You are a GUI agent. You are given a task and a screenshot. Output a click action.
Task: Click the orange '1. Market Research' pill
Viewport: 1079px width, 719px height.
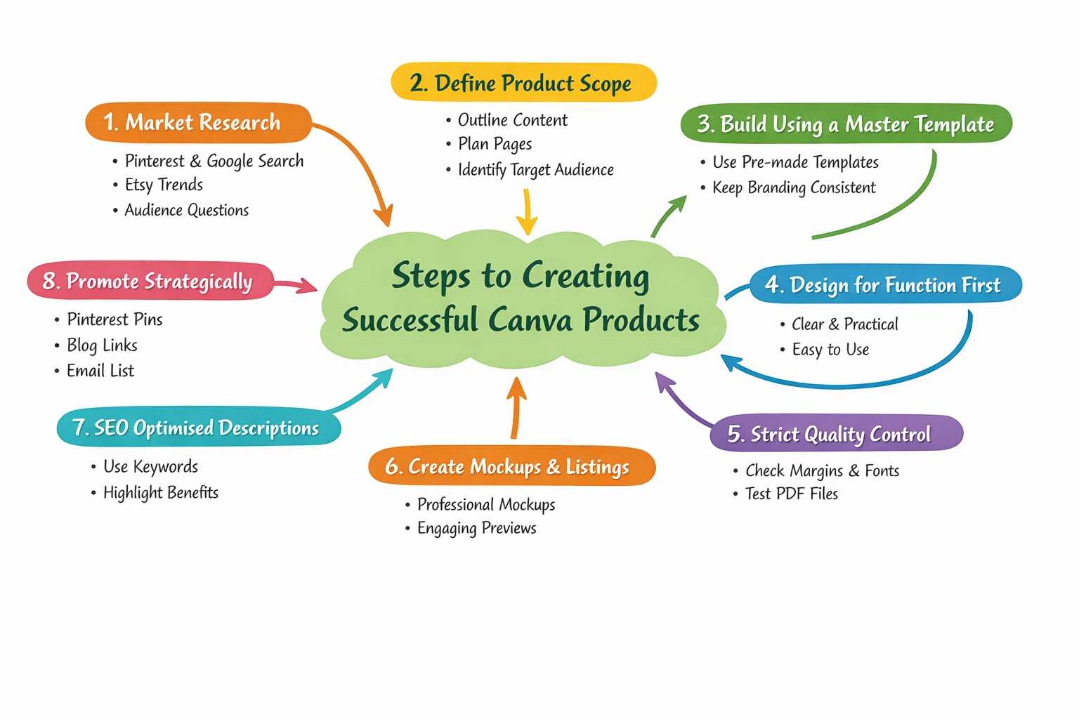pyautogui.click(x=197, y=123)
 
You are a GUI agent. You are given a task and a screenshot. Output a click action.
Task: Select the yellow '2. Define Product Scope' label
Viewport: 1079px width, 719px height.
pyautogui.click(x=523, y=83)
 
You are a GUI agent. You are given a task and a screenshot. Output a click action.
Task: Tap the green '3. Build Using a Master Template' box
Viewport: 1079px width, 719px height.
pyautogui.click(x=846, y=124)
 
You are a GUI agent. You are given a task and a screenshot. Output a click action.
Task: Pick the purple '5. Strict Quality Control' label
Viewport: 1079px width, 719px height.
pyautogui.click(x=835, y=433)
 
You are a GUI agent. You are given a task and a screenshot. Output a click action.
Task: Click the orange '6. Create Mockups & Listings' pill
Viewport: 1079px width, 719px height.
pyautogui.click(x=511, y=466)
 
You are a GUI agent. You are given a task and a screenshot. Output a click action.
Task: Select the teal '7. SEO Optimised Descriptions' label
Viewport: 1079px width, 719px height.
pyautogui.click(x=198, y=428)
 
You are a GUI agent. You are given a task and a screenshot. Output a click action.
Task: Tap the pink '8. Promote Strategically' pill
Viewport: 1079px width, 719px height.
pyautogui.click(x=150, y=282)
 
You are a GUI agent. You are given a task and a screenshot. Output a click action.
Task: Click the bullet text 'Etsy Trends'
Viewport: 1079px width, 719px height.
pyautogui.click(x=164, y=185)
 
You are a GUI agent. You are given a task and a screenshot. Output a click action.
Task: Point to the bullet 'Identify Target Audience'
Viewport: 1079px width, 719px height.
pyautogui.click(x=535, y=169)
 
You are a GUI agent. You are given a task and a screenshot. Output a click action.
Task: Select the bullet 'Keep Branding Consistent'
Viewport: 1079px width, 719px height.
pyautogui.click(x=794, y=187)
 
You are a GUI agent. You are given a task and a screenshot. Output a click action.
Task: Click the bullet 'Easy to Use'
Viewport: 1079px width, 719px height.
pyautogui.click(x=830, y=349)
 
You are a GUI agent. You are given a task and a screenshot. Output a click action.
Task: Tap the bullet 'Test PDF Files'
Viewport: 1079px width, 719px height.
pyautogui.click(x=792, y=494)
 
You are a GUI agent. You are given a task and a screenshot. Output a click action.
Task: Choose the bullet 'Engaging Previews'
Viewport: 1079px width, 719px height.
pyautogui.click(x=476, y=528)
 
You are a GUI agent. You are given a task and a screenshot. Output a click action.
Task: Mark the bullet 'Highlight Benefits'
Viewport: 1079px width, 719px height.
pyautogui.click(x=160, y=492)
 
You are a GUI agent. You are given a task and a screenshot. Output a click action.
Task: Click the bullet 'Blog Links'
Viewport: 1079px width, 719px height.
pyautogui.click(x=102, y=345)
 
